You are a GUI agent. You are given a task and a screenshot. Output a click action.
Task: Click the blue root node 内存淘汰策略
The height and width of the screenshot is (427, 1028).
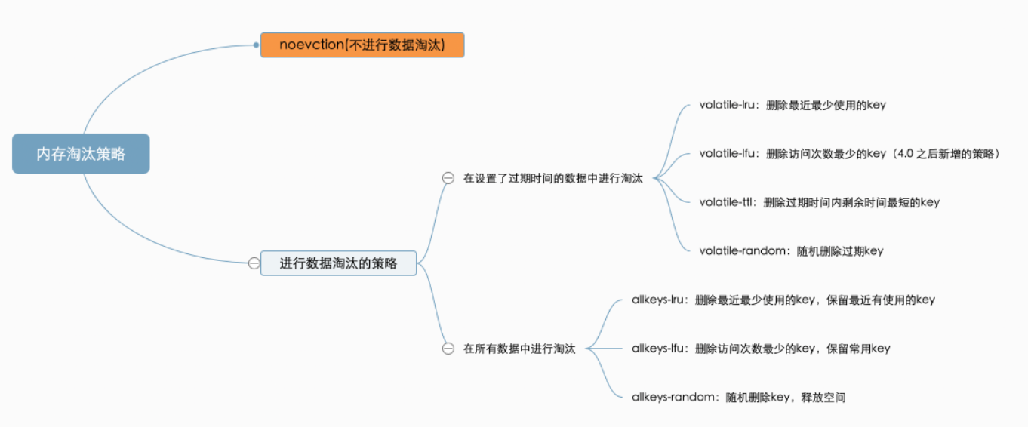pos(81,154)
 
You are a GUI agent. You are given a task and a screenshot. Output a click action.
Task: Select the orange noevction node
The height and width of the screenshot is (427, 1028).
pos(362,45)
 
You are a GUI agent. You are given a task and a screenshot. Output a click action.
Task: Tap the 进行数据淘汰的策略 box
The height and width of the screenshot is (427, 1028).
pos(338,263)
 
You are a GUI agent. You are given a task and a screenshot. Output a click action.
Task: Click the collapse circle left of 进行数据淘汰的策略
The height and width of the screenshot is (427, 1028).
pos(254,263)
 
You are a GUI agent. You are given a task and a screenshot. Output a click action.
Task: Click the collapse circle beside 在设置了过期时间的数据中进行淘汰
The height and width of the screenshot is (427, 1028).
pos(448,179)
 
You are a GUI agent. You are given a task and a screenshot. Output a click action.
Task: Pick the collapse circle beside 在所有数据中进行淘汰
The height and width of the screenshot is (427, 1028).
pos(448,349)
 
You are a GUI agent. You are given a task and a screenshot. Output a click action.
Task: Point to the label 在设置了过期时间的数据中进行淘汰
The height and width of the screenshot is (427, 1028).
pos(552,179)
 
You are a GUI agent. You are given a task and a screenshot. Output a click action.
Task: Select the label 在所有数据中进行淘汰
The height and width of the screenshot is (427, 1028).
pos(519,349)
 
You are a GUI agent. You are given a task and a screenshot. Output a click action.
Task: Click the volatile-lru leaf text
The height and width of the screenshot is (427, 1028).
pos(793,105)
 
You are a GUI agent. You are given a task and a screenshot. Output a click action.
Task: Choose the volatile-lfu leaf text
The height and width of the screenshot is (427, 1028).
pos(793,153)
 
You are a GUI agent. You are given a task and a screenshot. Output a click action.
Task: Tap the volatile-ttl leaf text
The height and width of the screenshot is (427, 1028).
pos(819,202)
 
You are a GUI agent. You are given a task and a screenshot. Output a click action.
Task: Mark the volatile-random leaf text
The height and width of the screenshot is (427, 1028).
pos(791,250)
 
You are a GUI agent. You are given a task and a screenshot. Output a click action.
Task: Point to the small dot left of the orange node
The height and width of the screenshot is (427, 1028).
pos(257,45)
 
